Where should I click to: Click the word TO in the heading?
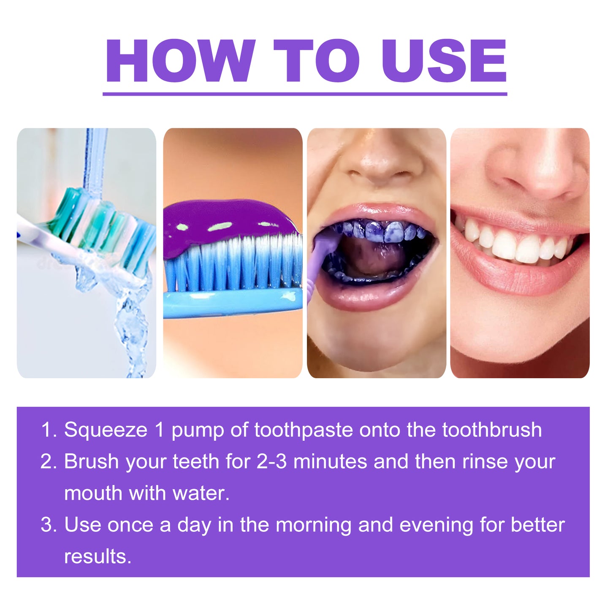317,61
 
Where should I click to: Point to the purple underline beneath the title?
305,94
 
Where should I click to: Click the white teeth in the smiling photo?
515,245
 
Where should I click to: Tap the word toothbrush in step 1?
492,430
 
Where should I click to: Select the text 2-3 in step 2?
271,461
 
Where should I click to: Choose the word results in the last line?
98,557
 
